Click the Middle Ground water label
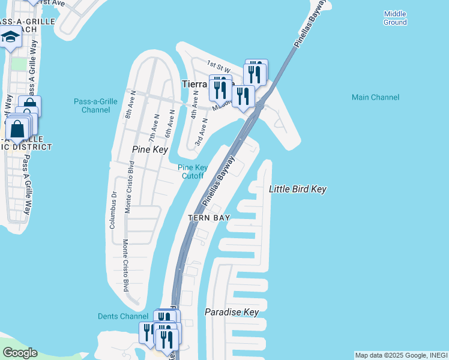pos(395,18)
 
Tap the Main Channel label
pos(375,97)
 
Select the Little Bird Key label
pos(297,189)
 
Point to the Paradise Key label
pos(231,312)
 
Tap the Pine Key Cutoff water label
pos(193,172)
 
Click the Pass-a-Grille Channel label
pos(95,106)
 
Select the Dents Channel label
pos(122,316)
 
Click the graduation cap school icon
pos(10,38)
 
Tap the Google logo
pos(19,353)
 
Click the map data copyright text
pos(401,355)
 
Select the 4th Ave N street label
pos(193,104)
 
